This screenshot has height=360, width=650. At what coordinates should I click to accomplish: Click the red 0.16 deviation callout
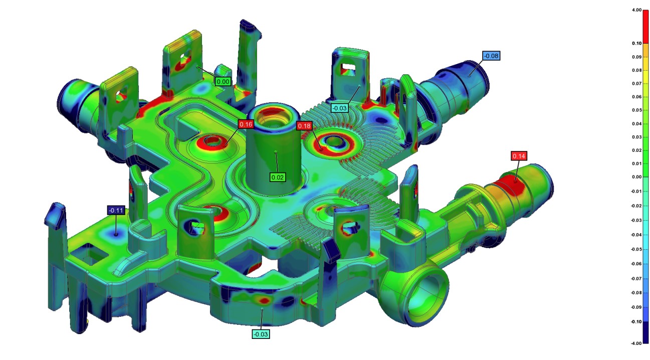(x=246, y=124)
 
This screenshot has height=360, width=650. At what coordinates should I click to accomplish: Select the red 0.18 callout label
(x=304, y=126)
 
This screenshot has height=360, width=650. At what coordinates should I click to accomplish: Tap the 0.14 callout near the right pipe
(x=519, y=156)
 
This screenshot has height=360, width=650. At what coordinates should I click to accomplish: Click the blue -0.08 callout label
(x=491, y=56)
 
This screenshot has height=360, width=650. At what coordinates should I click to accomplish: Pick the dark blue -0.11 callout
(x=116, y=210)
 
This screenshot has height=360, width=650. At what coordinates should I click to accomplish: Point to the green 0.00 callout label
(x=223, y=82)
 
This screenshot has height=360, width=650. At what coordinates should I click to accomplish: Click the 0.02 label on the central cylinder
(x=278, y=177)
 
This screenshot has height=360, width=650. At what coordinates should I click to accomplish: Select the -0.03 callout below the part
(x=261, y=334)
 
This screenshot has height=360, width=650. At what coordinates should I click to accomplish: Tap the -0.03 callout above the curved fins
(x=339, y=108)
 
